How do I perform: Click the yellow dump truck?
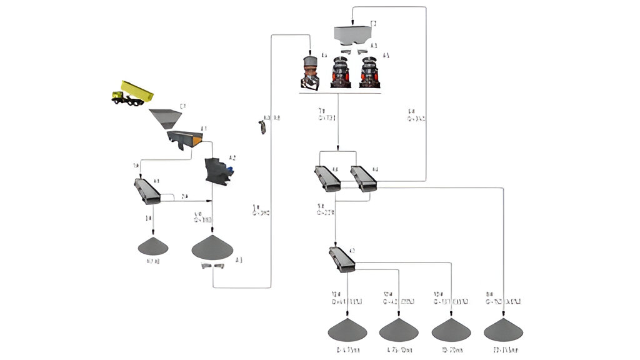coord(132,92)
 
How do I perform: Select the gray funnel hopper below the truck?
coord(166,117)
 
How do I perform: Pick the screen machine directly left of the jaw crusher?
coord(147,191)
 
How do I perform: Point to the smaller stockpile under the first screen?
coord(153,246)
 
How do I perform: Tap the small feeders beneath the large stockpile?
coord(212,266)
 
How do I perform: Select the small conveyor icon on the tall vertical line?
coord(262,126)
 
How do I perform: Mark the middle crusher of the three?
coord(340,72)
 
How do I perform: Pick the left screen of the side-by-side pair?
coord(327,178)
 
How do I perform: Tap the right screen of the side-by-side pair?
coord(363,178)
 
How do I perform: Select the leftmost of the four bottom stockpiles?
coord(347,329)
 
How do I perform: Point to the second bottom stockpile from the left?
coord(398,329)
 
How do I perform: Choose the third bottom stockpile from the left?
coord(451,329)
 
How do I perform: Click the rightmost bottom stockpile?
coord(503,329)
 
